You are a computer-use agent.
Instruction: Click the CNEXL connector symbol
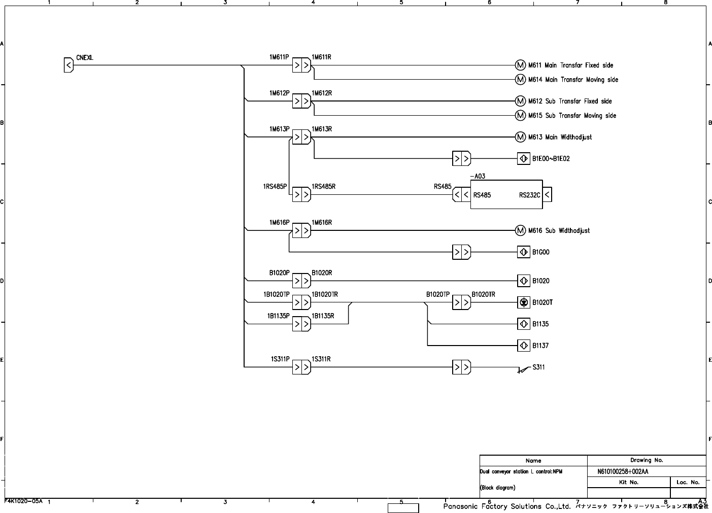69,65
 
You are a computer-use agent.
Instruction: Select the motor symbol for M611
520,65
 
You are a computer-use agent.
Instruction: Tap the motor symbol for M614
520,80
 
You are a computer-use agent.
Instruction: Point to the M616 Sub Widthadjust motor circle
520,230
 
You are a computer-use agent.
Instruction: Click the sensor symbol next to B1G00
524,252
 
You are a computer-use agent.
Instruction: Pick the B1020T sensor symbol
524,302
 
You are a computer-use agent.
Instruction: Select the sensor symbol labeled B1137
524,346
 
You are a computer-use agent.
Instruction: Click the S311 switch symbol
524,369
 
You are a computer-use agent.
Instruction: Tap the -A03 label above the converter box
478,176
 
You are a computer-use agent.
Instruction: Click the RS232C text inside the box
529,195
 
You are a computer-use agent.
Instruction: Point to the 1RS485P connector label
275,187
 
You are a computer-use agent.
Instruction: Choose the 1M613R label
322,129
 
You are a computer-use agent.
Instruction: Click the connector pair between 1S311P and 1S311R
301,367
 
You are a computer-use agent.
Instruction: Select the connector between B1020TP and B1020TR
461,302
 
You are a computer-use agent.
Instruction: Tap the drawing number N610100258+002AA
623,472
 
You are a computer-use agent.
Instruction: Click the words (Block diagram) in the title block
497,488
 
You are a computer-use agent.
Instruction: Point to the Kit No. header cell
629,482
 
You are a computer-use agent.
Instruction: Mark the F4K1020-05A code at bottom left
23,501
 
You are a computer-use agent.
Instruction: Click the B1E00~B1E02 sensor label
551,159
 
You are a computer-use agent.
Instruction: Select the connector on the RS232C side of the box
547,194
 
